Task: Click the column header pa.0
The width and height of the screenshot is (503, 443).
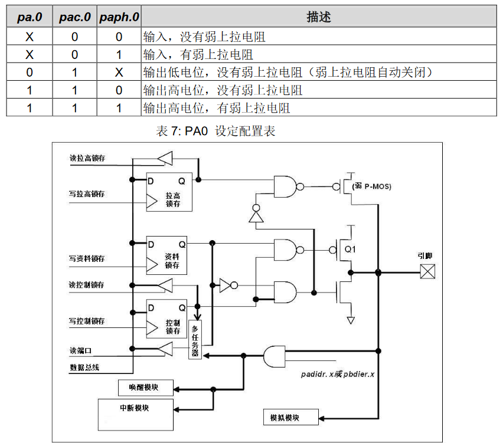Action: (x=29, y=17)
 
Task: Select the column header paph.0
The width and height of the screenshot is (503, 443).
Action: (x=118, y=17)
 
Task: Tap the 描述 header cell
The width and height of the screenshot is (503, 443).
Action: (x=319, y=17)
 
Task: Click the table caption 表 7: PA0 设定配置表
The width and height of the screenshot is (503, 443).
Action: (x=215, y=131)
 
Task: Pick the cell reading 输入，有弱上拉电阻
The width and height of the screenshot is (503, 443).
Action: (x=198, y=55)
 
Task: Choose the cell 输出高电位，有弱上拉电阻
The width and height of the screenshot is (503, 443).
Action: (x=217, y=109)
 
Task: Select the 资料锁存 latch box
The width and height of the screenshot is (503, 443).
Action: (x=167, y=255)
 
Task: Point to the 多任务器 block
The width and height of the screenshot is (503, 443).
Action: (x=195, y=342)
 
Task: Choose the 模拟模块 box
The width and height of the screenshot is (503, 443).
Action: (x=290, y=417)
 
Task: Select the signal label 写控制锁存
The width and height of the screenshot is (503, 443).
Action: (x=87, y=321)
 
